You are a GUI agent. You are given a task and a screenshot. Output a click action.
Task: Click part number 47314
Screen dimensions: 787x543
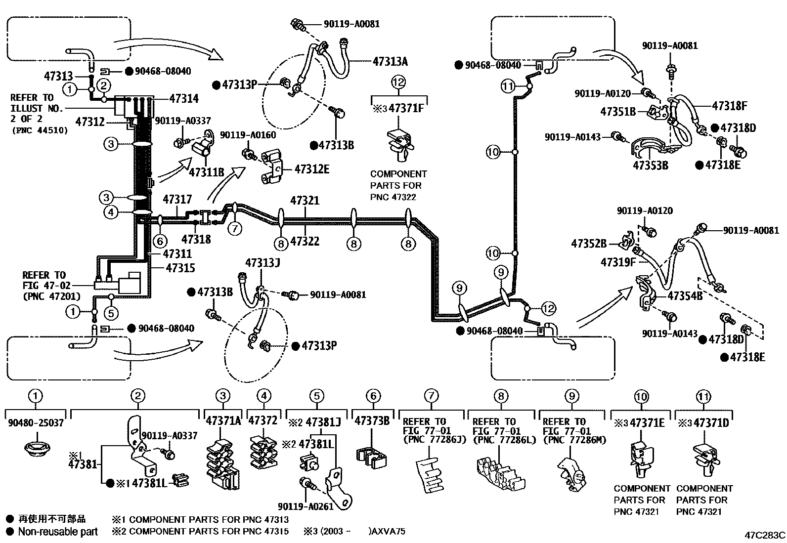(184, 99)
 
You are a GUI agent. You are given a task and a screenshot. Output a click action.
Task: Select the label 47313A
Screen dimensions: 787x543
(390, 61)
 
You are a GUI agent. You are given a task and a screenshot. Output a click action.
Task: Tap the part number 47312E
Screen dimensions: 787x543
(311, 169)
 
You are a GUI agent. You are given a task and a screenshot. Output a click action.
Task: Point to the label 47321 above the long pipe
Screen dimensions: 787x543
(305, 201)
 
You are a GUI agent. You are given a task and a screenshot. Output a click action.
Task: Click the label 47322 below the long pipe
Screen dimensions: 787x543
(305, 241)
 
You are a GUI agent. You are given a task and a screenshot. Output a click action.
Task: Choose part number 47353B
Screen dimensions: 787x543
(651, 166)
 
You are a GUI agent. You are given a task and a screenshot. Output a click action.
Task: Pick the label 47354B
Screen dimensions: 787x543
(685, 296)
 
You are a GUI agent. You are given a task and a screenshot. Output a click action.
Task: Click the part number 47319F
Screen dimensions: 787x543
(618, 262)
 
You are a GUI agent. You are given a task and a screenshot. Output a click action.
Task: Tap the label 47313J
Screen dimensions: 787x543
(262, 263)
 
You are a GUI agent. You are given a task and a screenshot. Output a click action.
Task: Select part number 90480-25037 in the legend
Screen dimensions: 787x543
(36, 422)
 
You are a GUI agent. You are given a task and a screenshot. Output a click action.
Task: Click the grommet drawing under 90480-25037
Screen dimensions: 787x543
(37, 449)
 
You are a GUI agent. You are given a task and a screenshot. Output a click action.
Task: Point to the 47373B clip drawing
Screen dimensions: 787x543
(371, 457)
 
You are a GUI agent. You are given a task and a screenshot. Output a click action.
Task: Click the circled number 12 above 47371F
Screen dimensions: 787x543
(398, 82)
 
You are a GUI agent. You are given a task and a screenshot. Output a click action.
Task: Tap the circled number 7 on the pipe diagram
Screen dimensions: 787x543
(235, 229)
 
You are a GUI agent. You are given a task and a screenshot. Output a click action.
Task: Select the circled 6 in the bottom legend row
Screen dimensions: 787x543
(373, 396)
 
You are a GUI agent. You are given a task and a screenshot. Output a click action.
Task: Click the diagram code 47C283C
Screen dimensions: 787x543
(765, 535)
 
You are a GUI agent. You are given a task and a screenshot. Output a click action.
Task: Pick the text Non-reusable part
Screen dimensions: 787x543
(58, 532)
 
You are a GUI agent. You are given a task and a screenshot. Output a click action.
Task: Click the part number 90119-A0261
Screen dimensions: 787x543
(306, 506)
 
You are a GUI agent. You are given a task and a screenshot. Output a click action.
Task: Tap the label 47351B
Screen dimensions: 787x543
(618, 112)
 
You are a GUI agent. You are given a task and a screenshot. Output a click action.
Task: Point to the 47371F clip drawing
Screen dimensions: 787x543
(400, 145)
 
